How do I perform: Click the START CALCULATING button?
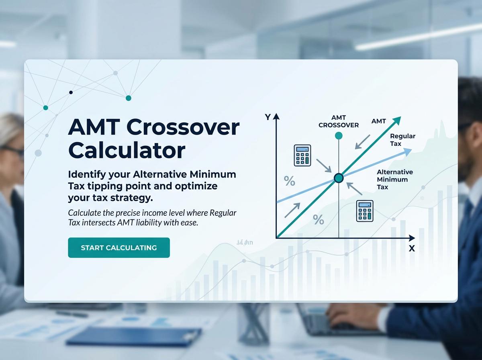(x=119, y=247)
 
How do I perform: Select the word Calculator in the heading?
(x=127, y=150)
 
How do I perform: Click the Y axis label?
(x=268, y=117)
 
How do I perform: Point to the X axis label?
(x=412, y=249)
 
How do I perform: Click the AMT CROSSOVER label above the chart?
(x=339, y=121)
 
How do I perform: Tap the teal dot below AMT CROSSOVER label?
(x=339, y=135)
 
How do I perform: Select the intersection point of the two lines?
(x=339, y=178)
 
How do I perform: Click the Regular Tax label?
(x=402, y=140)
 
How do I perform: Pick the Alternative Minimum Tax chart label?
(x=394, y=179)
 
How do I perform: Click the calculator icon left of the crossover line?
(x=303, y=155)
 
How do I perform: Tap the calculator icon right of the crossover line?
(x=365, y=211)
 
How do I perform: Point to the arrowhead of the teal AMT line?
(x=397, y=120)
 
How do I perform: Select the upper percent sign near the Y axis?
(x=289, y=181)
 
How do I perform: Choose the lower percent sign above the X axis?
(x=318, y=219)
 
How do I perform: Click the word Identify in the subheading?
(x=87, y=175)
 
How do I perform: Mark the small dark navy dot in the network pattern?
(x=71, y=92)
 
